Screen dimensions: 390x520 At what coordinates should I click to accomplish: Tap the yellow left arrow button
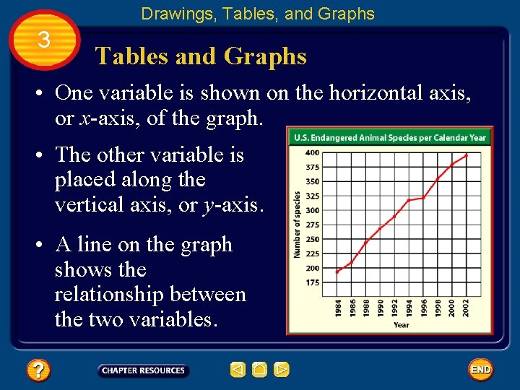[238, 370]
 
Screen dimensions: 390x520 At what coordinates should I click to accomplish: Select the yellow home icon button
[260, 370]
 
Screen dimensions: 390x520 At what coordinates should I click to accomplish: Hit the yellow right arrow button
[282, 370]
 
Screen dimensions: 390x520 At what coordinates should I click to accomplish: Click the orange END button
[480, 370]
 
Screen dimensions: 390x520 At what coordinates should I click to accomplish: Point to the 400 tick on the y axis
[311, 152]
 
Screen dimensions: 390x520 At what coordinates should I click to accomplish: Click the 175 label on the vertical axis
[311, 282]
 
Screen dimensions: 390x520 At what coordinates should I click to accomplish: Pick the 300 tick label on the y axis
[311, 210]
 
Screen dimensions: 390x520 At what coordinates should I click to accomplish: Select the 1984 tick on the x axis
[339, 308]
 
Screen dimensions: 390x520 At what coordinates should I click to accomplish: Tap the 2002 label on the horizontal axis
[467, 308]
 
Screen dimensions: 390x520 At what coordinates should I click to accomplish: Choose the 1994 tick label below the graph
[409, 308]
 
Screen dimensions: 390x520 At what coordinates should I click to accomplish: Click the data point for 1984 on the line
[338, 272]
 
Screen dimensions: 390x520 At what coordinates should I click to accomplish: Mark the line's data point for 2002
[467, 155]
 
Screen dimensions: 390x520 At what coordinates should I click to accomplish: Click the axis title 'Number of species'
[296, 225]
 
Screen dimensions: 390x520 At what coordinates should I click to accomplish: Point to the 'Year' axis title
[402, 325]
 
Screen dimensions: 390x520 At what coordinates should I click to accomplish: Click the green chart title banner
[390, 137]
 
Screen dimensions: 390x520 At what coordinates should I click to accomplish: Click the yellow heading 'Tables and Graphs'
[201, 56]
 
